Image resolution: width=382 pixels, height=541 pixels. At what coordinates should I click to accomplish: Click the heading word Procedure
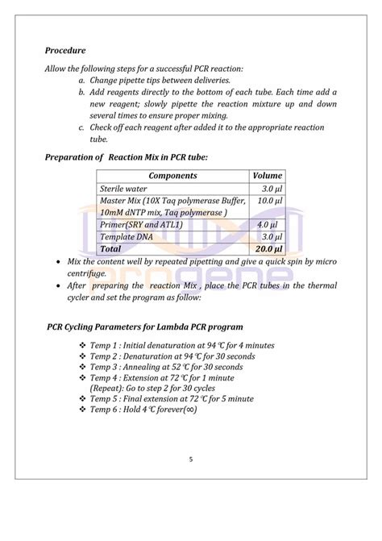point(65,51)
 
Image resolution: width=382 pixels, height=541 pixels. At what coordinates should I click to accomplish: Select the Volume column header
point(267,175)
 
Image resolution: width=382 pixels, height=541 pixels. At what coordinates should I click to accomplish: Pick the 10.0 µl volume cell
point(270,199)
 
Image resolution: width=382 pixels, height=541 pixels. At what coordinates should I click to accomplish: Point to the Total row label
point(110,249)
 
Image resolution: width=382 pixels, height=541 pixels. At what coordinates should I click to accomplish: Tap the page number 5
point(191,460)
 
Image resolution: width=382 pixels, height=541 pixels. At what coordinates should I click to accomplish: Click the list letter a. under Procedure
point(81,81)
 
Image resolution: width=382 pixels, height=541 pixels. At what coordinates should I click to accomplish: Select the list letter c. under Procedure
point(81,127)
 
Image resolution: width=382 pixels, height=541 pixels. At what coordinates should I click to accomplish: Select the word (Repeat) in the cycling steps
point(106,388)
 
